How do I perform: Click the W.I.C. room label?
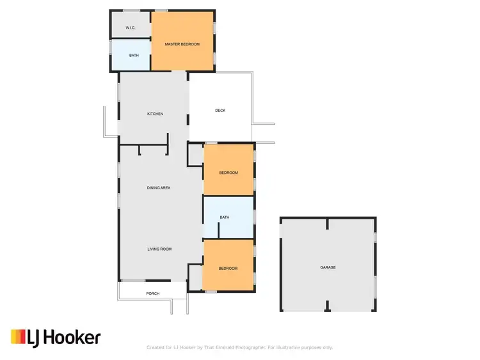pos(130,27)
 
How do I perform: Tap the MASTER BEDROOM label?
pos(182,44)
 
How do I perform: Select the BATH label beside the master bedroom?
pos(134,56)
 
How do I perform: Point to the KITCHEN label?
pos(155,114)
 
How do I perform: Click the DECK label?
pos(220,111)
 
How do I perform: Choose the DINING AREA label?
pos(158,188)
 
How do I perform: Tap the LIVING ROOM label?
pos(159,249)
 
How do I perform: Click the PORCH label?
pos(152,293)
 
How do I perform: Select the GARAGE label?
pos(328,267)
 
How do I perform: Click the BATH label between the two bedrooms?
pos(225,217)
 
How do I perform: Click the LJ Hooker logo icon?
pos(19,337)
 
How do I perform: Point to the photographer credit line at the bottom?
pos(239,347)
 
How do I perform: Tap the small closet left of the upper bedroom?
pos(195,155)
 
